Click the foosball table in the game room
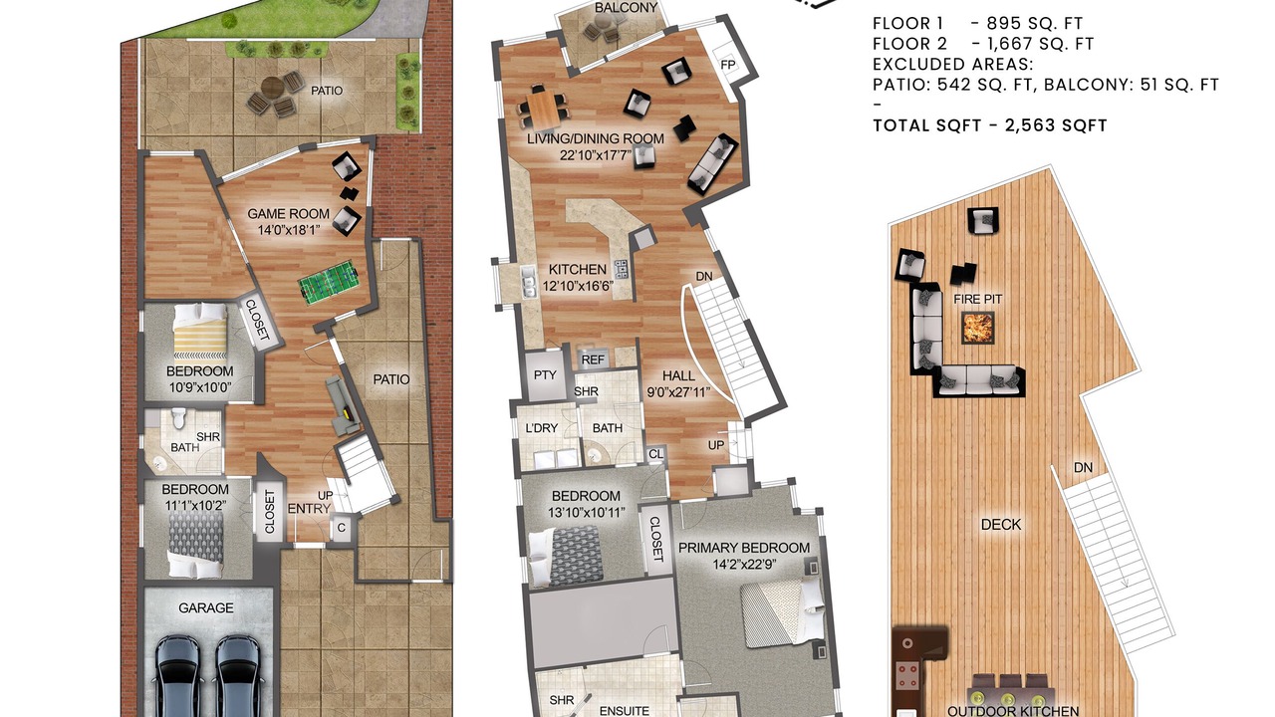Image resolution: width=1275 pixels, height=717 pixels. pos(330,282)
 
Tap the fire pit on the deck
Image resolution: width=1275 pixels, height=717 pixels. pos(978,328)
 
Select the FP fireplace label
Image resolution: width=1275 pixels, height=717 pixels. pos(728,65)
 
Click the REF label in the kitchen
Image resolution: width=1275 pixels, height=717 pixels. pos(593,359)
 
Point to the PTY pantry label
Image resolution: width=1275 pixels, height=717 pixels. pos(545,375)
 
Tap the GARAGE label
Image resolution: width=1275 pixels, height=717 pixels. pos(206,607)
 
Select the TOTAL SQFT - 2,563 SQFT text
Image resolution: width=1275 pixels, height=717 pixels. pos(990,125)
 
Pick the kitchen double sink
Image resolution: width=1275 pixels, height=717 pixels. pos(529,283)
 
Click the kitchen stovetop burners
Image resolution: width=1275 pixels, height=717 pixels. pos(620,270)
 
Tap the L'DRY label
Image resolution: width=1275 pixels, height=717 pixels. pos(541,428)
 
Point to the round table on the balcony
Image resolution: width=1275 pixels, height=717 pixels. pos(602,23)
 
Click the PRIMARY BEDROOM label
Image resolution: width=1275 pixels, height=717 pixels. pos(744,548)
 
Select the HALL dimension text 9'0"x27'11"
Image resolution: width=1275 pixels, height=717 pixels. pos(678,391)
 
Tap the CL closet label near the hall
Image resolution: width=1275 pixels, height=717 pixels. pos(655,454)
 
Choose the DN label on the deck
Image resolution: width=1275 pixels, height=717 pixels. pos(1083,467)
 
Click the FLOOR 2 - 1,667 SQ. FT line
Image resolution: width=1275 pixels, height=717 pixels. pos(983,44)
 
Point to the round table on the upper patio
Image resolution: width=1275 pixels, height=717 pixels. pos(273,88)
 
